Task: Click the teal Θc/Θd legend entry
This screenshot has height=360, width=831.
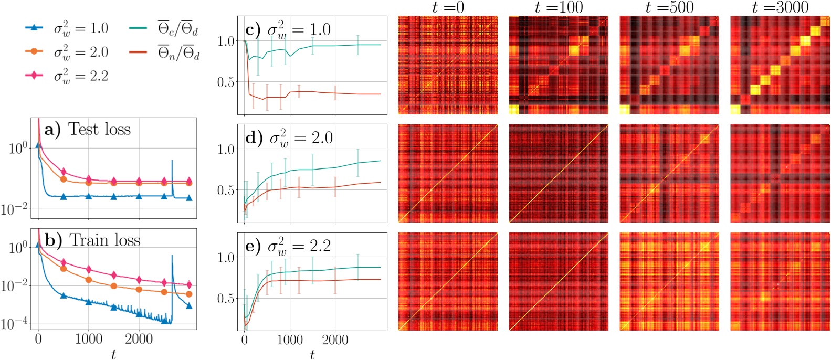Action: pyautogui.click(x=164, y=28)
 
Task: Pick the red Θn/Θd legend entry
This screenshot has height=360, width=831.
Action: pyautogui.click(x=164, y=52)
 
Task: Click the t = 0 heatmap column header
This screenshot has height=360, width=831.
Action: pyautogui.click(x=448, y=7)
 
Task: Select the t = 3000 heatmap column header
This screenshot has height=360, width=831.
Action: pyautogui.click(x=780, y=7)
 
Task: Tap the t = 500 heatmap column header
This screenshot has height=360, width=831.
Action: pyautogui.click(x=669, y=7)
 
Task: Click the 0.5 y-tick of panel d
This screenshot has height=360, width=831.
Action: pyautogui.click(x=227, y=190)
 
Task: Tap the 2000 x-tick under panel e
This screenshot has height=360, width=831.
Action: pyautogui.click(x=335, y=340)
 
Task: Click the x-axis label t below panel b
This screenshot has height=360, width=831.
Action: pyautogui.click(x=113, y=355)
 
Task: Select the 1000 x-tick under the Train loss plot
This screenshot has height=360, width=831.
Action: pyautogui.click(x=88, y=338)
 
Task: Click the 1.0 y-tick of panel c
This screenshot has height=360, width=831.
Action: pyautogui.click(x=227, y=41)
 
